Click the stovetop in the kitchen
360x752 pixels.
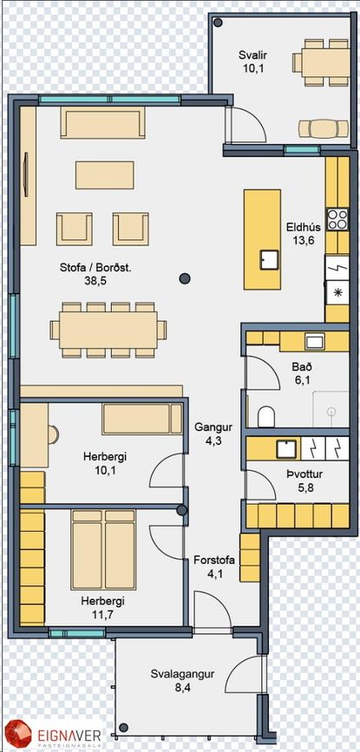337,219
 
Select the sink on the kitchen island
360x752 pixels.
270,260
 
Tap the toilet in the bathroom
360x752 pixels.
266,416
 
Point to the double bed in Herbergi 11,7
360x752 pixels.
103,550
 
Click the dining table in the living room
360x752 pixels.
108,330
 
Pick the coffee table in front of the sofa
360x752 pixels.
104,175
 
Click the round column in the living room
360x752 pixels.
185,278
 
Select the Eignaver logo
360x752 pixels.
53,735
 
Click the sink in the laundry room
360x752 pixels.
287,448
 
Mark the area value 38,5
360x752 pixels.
95,281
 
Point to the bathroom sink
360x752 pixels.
315,342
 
